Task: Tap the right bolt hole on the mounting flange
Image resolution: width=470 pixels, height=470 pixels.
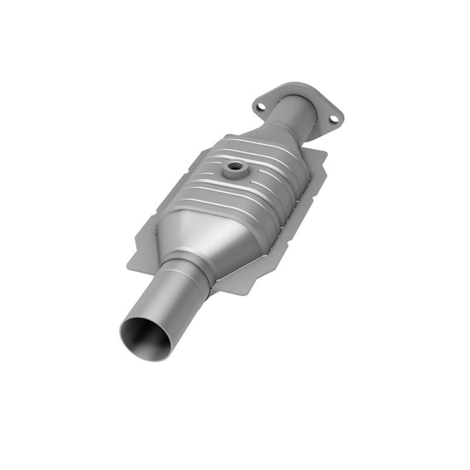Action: tap(333, 119)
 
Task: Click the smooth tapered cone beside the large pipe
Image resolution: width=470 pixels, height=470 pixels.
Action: tap(206, 235)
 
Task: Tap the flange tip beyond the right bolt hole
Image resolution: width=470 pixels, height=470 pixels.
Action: tap(340, 120)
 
